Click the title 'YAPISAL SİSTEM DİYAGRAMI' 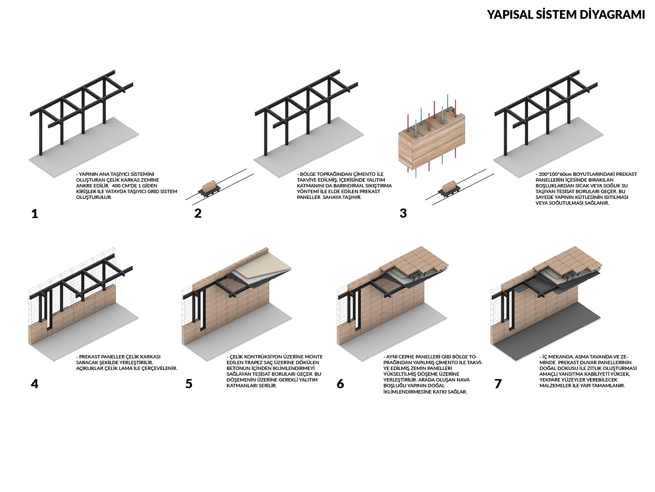click(x=566, y=14)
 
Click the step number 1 click(x=35, y=214)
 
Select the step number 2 click(x=198, y=213)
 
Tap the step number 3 click(x=403, y=213)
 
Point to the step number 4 click(x=35, y=383)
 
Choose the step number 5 click(x=189, y=383)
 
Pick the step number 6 click(x=340, y=383)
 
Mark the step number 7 click(x=498, y=383)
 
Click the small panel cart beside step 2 click(x=209, y=188)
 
